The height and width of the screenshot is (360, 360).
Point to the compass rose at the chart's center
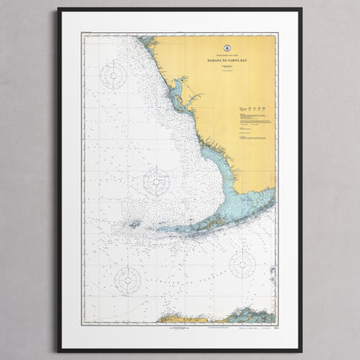(x=157, y=181)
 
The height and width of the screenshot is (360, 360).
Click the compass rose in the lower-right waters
(x=242, y=264)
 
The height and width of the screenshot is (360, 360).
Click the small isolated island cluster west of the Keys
(x=134, y=224)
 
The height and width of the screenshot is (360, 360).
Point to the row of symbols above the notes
(x=252, y=107)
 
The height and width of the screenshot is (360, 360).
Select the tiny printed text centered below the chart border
(x=180, y=325)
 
